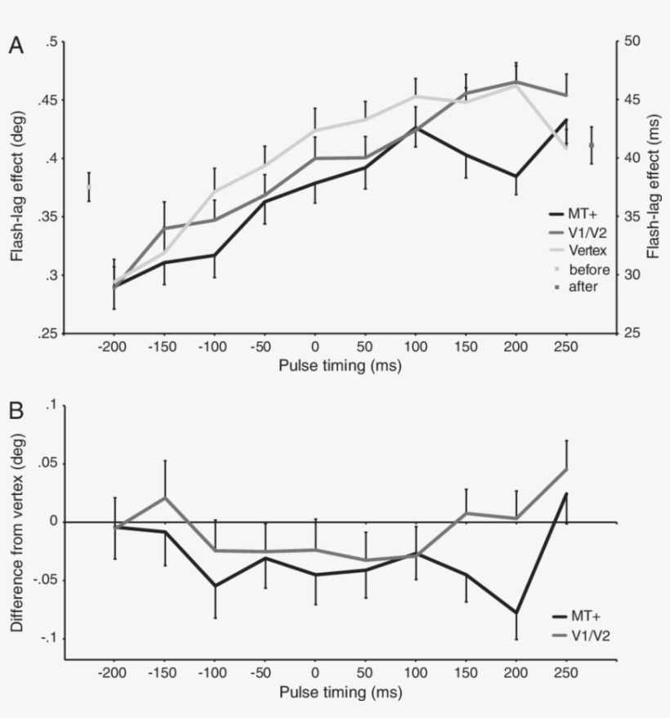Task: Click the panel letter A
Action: (16, 46)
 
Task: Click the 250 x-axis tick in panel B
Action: (565, 673)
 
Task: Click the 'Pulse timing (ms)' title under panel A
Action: (340, 365)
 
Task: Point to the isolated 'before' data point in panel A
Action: (88, 187)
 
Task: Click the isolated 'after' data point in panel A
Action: (591, 145)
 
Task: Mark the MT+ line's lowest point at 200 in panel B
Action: (516, 613)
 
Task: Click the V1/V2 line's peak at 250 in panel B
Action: (565, 469)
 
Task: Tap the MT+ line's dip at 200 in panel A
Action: (516, 176)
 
